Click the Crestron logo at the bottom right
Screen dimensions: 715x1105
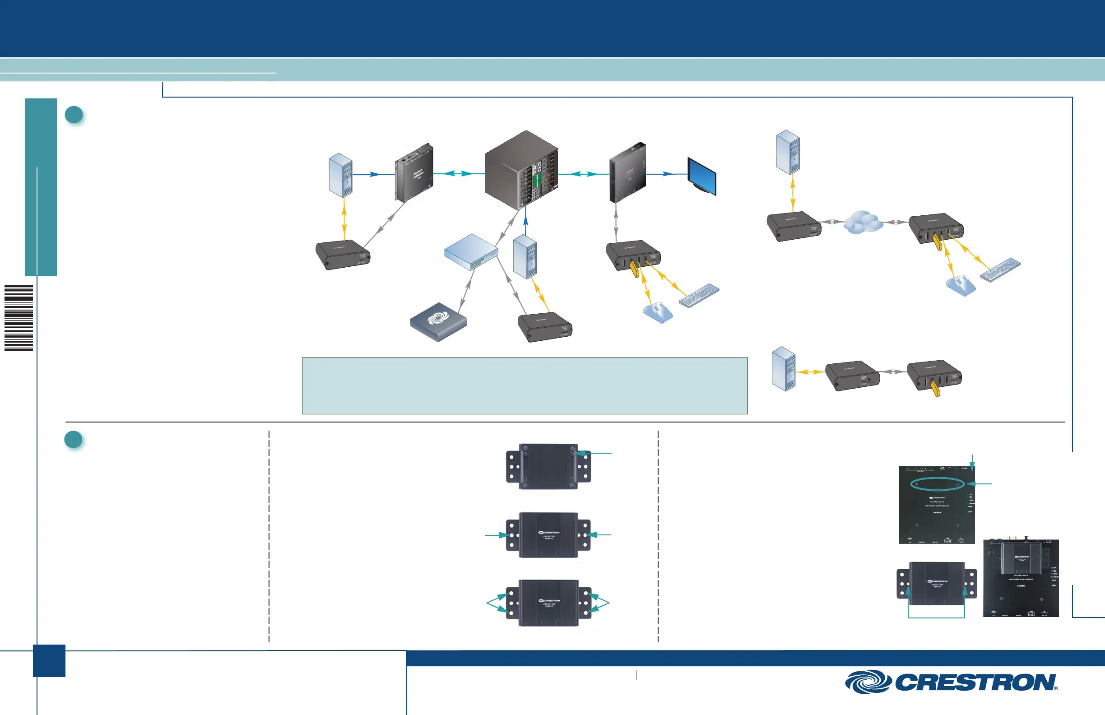click(x=951, y=682)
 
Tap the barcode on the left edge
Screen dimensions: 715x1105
click(x=19, y=318)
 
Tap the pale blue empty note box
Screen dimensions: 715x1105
click(x=525, y=385)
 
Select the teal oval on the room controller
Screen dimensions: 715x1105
click(x=938, y=484)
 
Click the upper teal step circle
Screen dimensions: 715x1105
click(x=74, y=115)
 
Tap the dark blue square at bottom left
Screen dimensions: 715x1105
click(x=49, y=660)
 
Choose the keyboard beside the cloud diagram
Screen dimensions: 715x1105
click(x=1000, y=270)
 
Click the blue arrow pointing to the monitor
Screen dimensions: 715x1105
click(x=668, y=174)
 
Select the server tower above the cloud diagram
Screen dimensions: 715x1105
click(x=788, y=152)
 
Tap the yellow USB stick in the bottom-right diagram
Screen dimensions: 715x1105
click(x=936, y=388)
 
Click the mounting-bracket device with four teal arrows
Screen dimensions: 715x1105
click(x=548, y=603)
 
